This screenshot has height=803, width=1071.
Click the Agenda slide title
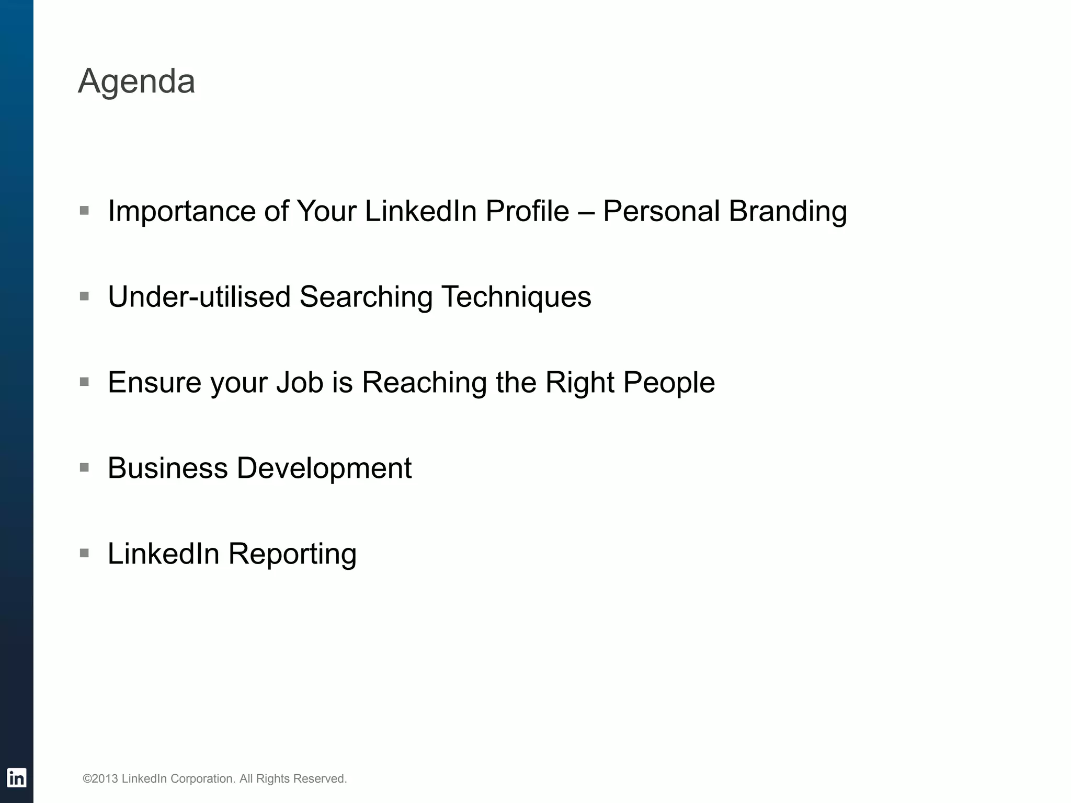(x=136, y=82)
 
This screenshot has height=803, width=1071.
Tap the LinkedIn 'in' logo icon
(x=16, y=778)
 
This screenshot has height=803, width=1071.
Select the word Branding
(x=788, y=211)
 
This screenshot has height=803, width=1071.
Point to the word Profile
(x=527, y=211)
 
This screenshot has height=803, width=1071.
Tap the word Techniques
(x=516, y=297)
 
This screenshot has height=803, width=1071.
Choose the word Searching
(x=366, y=297)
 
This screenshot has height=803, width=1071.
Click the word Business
(x=167, y=468)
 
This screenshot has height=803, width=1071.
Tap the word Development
(x=324, y=468)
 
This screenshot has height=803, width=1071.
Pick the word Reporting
(x=292, y=554)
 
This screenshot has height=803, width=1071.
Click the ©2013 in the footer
(x=100, y=778)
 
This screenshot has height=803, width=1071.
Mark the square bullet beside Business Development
(x=84, y=467)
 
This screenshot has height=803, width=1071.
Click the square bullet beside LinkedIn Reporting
(x=84, y=553)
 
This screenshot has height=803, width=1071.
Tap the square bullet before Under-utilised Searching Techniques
(x=84, y=296)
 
